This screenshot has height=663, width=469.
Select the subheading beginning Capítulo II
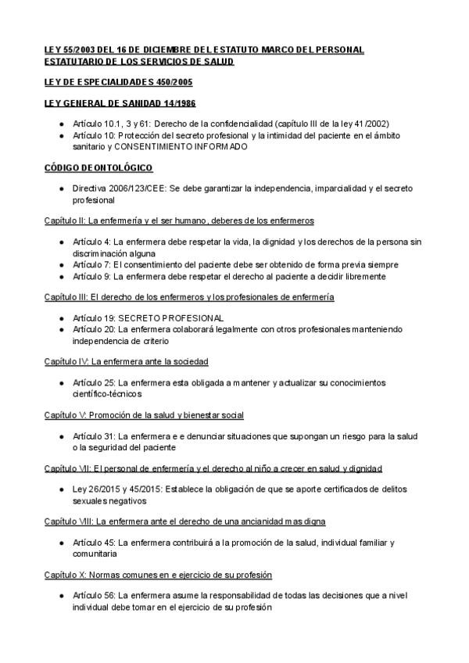click(179, 221)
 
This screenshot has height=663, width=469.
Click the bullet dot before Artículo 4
click(62, 242)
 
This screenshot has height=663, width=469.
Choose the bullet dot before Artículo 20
click(62, 330)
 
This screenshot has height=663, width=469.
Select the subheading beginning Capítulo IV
click(126, 361)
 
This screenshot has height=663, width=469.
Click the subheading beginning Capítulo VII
click(213, 468)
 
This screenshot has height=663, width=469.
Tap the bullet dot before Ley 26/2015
click(62, 489)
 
